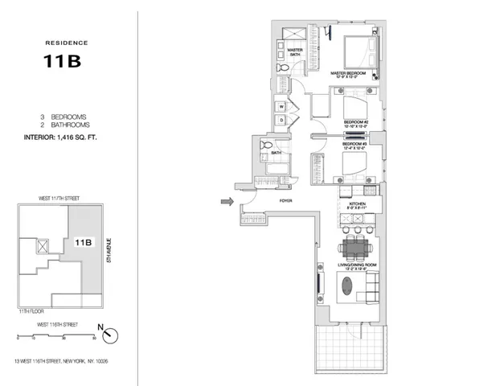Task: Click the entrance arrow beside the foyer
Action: pos(227,203)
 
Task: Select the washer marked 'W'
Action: pos(283,106)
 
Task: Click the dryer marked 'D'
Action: pos(283,121)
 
